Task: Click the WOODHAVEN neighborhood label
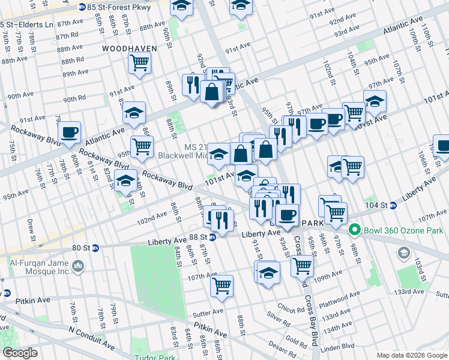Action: point(129,48)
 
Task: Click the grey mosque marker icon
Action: point(78,265)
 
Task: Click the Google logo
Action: point(20,353)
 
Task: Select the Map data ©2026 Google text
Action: point(412,355)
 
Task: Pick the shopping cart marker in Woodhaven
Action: point(140,62)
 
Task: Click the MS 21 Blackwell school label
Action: point(184,151)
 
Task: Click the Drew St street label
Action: point(31,227)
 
